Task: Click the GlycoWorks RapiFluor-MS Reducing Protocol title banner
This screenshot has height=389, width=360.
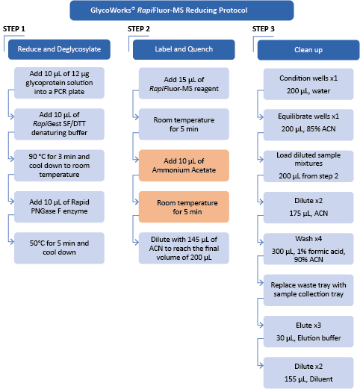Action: [181, 10]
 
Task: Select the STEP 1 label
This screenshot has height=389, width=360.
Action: [14, 29]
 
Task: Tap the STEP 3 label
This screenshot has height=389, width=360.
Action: [264, 29]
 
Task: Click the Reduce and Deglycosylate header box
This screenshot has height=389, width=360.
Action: [59, 49]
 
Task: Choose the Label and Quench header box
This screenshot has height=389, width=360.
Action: [184, 49]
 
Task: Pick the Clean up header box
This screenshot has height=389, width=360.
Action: [308, 50]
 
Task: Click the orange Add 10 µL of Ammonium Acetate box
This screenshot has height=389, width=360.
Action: [184, 166]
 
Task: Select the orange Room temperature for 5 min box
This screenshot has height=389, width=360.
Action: [184, 207]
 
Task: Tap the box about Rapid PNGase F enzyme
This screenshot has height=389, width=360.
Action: [59, 207]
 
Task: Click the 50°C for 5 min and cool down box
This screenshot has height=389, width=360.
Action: [59, 248]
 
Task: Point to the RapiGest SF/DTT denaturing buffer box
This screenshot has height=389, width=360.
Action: [59, 124]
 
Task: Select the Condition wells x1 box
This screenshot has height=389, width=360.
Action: [308, 84]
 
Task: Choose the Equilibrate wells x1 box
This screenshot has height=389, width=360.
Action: [308, 125]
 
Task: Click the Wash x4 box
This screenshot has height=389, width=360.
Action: [308, 249]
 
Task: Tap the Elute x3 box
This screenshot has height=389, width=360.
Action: [308, 332]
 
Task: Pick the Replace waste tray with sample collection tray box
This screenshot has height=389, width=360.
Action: [308, 290]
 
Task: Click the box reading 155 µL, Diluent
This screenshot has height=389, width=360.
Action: [308, 373]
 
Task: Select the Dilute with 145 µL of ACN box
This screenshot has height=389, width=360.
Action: [184, 248]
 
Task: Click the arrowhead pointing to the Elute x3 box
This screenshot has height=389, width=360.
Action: [261, 325]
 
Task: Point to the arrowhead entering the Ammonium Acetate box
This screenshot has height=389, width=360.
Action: [137, 159]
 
